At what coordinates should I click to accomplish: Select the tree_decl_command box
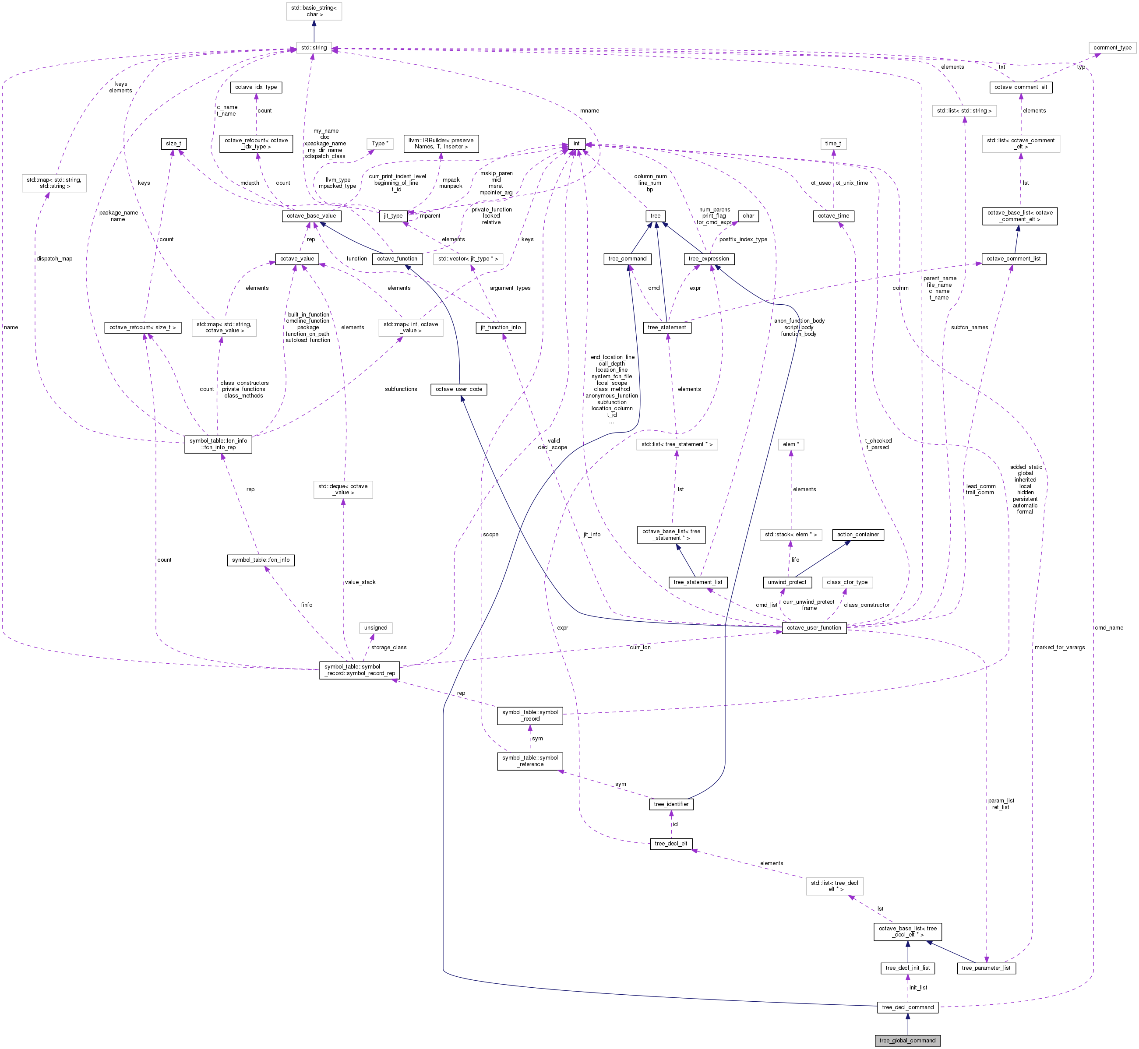tap(907, 1007)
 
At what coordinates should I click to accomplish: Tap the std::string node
tap(314, 48)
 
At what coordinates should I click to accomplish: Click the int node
tap(576, 144)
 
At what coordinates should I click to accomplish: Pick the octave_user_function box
tap(814, 628)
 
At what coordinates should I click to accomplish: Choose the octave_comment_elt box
tap(1020, 87)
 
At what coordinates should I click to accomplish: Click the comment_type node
tap(1112, 48)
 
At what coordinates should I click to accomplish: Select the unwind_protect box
tap(786, 582)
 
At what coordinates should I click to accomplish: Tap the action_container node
tap(857, 534)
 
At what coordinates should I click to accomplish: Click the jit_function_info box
tap(500, 327)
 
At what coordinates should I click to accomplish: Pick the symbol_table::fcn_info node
tap(261, 560)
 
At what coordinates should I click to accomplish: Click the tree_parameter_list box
tap(986, 968)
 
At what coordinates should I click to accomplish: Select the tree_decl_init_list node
tap(907, 968)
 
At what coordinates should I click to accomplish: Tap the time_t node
tap(833, 144)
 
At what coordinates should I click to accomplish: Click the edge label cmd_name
tap(1109, 628)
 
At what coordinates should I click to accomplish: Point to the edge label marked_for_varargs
tap(1059, 647)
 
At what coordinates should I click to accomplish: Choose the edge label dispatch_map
tap(54, 258)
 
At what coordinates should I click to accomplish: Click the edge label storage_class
tap(388, 647)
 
